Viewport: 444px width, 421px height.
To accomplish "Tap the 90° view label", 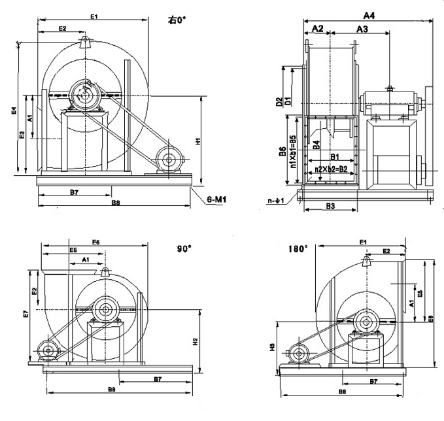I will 184,248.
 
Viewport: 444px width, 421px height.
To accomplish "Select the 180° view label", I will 298,249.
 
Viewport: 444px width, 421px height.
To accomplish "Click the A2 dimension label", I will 317,29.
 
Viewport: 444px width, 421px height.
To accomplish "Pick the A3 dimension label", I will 362,29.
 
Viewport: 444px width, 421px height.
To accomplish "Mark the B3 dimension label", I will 330,206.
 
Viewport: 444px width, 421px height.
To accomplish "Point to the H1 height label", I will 198,140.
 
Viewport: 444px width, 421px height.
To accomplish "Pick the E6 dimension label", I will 95,242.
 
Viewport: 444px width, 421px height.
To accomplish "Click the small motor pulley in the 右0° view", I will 169,158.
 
